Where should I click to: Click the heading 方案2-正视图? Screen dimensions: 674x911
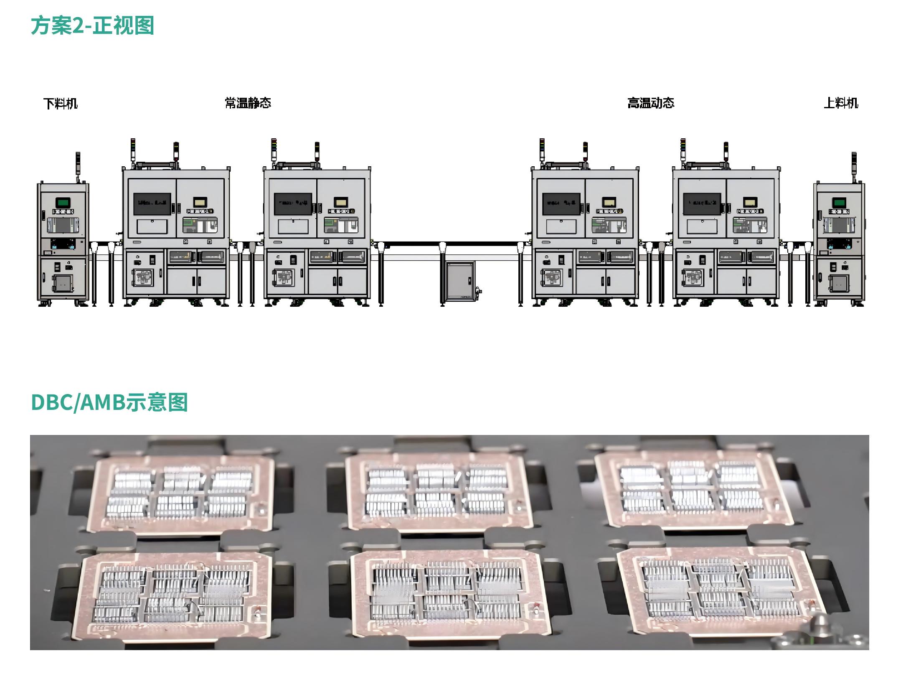tap(92, 25)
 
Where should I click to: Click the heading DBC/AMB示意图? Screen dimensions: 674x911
tap(109, 402)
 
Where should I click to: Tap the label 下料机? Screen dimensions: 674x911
tap(61, 103)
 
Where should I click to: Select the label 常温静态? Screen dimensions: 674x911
tap(248, 103)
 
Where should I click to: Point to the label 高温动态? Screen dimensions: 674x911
tap(651, 103)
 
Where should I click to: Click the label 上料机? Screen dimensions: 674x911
tap(841, 103)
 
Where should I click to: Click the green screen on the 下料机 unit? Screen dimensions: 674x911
tap(63, 203)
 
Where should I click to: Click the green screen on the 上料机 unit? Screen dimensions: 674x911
tap(839, 203)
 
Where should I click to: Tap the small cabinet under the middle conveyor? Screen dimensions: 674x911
tap(460, 280)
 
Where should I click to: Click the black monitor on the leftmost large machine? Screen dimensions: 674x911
tap(152, 204)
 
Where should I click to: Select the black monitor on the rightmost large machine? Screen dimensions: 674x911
tap(702, 204)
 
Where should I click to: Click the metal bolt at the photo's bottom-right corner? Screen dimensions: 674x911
tap(819, 627)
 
